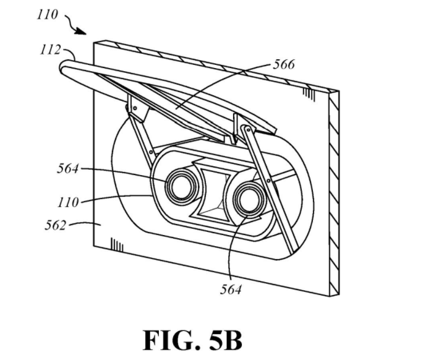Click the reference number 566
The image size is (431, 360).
click(x=283, y=64)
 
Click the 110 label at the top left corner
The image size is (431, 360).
click(x=47, y=14)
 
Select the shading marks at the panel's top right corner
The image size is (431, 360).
click(x=307, y=93)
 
